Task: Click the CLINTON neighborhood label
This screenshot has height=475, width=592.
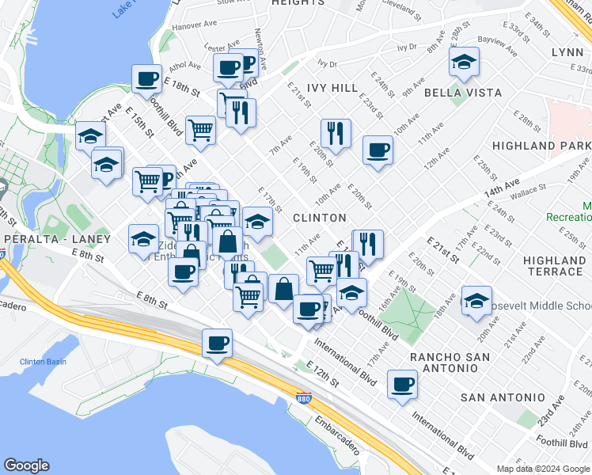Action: pos(319,218)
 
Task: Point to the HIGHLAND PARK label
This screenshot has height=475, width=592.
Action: pos(541,146)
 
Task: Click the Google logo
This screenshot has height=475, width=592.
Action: pos(27,465)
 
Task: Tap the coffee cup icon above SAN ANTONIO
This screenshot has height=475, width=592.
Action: pos(402,386)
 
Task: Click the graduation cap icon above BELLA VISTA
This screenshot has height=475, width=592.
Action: pos(464,63)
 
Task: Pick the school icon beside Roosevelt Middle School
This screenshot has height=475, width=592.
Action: pos(476,301)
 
